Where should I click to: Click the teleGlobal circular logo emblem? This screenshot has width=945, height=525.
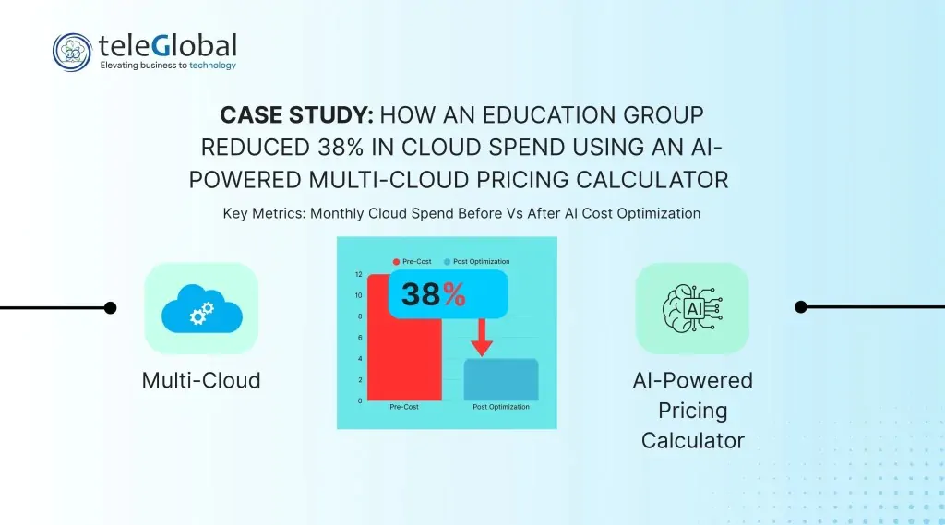point(72,53)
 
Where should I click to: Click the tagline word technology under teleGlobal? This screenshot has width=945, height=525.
point(213,66)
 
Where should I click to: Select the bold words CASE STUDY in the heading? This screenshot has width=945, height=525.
point(296,115)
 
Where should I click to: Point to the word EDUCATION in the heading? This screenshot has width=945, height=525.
point(548,115)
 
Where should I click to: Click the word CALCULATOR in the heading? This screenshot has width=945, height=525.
point(652,180)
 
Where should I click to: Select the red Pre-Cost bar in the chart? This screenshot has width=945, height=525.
point(404,338)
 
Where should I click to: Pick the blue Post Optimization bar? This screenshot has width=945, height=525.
point(501,380)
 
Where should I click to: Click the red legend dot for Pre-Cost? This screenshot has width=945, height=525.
point(396,262)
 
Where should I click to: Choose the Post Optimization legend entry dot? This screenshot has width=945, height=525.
point(448,262)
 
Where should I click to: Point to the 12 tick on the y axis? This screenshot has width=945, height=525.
point(359,274)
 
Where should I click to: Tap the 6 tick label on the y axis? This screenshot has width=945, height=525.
point(360,338)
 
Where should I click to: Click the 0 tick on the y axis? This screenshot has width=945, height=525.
point(360,400)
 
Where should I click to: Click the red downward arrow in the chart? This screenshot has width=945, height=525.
point(482,338)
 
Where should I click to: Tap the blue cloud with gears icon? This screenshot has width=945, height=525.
point(202,308)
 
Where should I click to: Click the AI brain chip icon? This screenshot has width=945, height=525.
point(692,308)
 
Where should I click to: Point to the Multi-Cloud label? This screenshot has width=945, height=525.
point(201,380)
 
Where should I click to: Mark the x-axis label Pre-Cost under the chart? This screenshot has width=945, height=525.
point(404,407)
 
